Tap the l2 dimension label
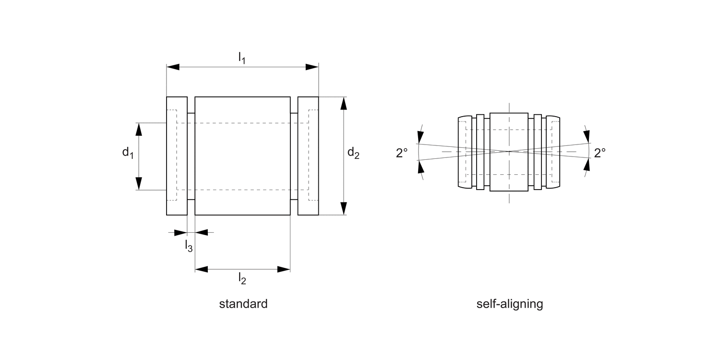click(242, 278)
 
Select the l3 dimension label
click(189, 246)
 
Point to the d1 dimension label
click(127, 153)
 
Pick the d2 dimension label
click(353, 153)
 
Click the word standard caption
click(243, 304)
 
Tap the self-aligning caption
click(510, 304)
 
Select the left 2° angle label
click(402, 153)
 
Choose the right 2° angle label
click(600, 153)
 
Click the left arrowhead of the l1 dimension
click(173, 67)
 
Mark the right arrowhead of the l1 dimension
click(312, 67)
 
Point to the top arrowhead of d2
click(344, 103)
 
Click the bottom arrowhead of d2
click(344, 208)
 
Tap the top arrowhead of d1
click(139, 129)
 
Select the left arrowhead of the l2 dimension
click(202, 269)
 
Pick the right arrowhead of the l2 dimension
click(284, 269)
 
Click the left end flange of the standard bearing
click(177, 156)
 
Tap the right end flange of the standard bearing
click(308, 156)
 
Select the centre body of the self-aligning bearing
click(509, 152)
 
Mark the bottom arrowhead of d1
click(139, 183)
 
